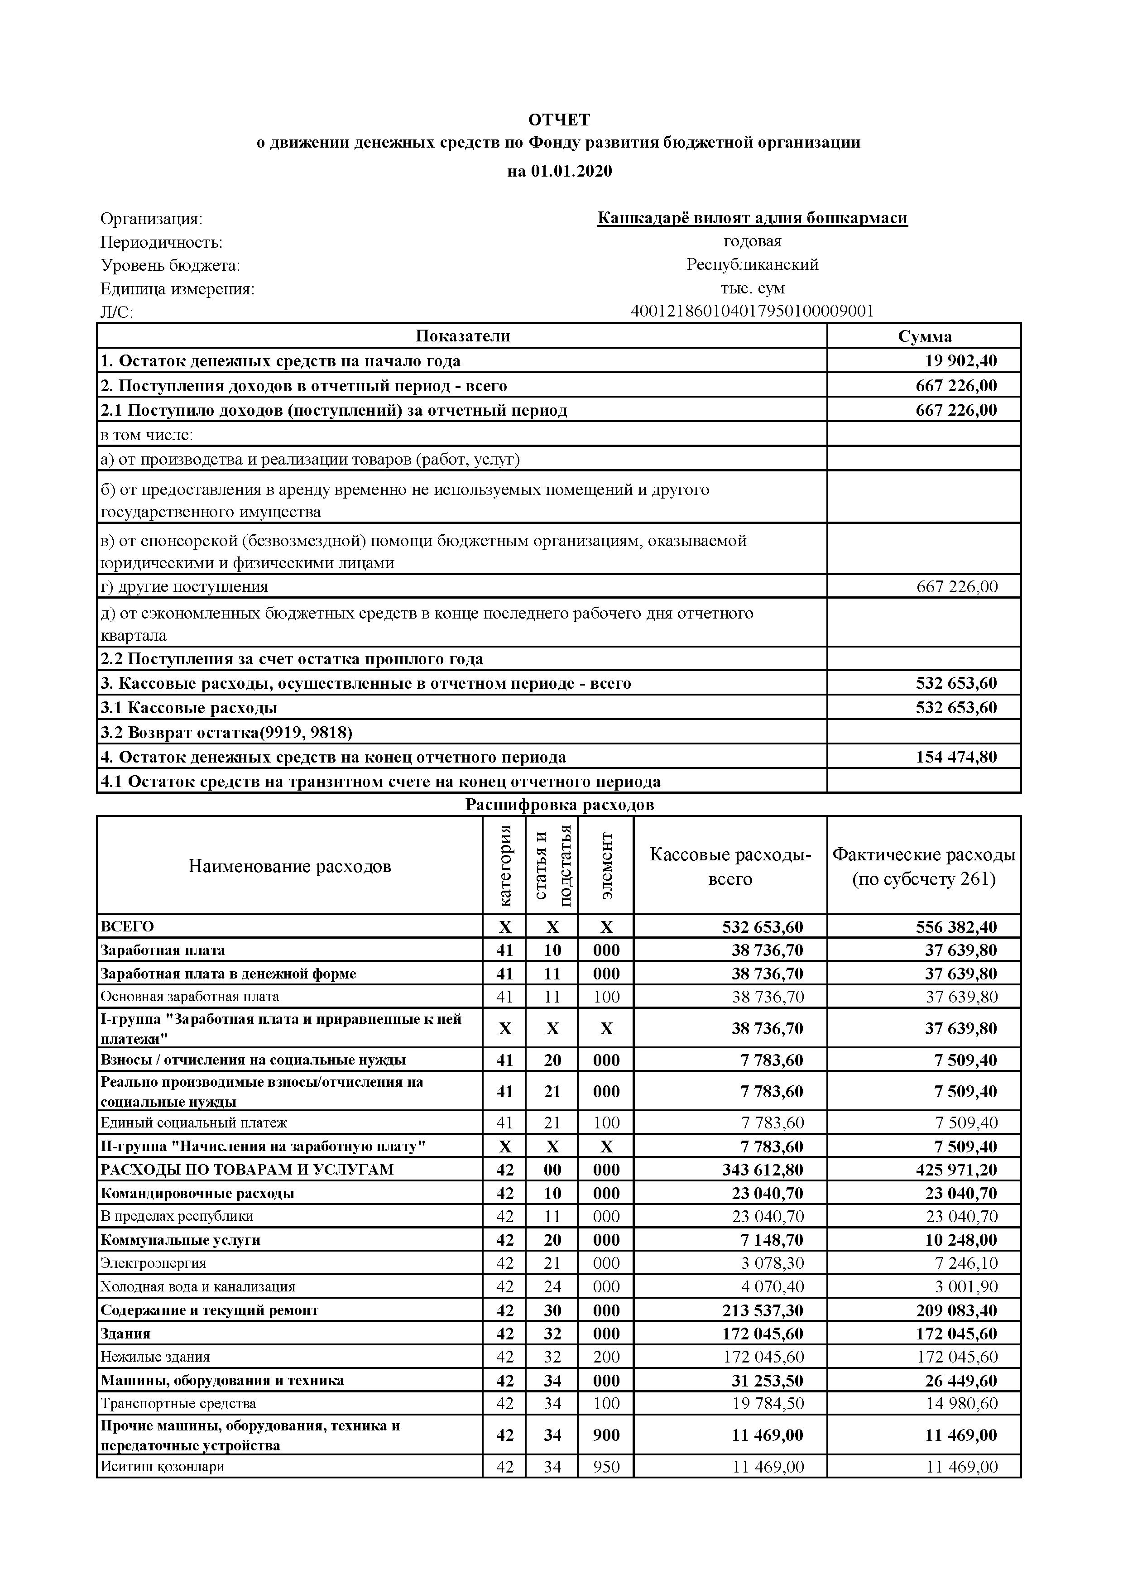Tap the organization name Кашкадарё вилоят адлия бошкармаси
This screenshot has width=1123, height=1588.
tap(752, 219)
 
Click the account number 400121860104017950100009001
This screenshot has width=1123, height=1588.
tap(752, 311)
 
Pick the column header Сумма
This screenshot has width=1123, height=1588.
tap(925, 336)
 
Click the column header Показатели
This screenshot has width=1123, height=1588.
tap(463, 336)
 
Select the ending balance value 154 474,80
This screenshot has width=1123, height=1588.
tap(956, 757)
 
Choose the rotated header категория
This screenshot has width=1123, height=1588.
tap(505, 865)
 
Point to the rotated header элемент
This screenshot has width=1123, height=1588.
tap(606, 865)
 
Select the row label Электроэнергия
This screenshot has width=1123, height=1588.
tap(154, 1263)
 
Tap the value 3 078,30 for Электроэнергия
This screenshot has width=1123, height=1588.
tap(773, 1263)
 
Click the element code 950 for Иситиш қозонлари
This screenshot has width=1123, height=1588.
tap(606, 1466)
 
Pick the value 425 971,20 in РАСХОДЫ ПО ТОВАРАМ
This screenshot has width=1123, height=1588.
tap(956, 1170)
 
